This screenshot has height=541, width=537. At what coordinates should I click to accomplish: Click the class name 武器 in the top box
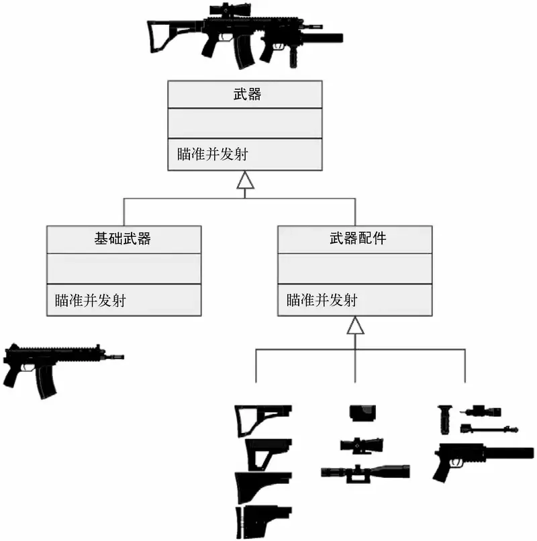point(244,95)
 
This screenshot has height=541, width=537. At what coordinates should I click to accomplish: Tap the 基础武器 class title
point(124,238)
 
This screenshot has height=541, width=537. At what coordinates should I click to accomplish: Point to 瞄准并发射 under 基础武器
point(91,300)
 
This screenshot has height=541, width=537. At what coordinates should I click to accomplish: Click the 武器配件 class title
point(355,238)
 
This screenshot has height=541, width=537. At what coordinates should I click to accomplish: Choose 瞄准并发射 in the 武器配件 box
point(322,300)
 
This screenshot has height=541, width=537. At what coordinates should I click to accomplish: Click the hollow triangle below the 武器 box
point(245,180)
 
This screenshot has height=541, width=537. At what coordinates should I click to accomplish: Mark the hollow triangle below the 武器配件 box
point(355,326)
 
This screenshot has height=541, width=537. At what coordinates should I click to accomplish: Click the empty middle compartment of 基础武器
point(124,268)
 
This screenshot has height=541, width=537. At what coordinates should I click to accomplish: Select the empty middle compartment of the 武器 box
point(244,123)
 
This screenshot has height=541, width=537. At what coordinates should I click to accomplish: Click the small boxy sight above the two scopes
point(362,413)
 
